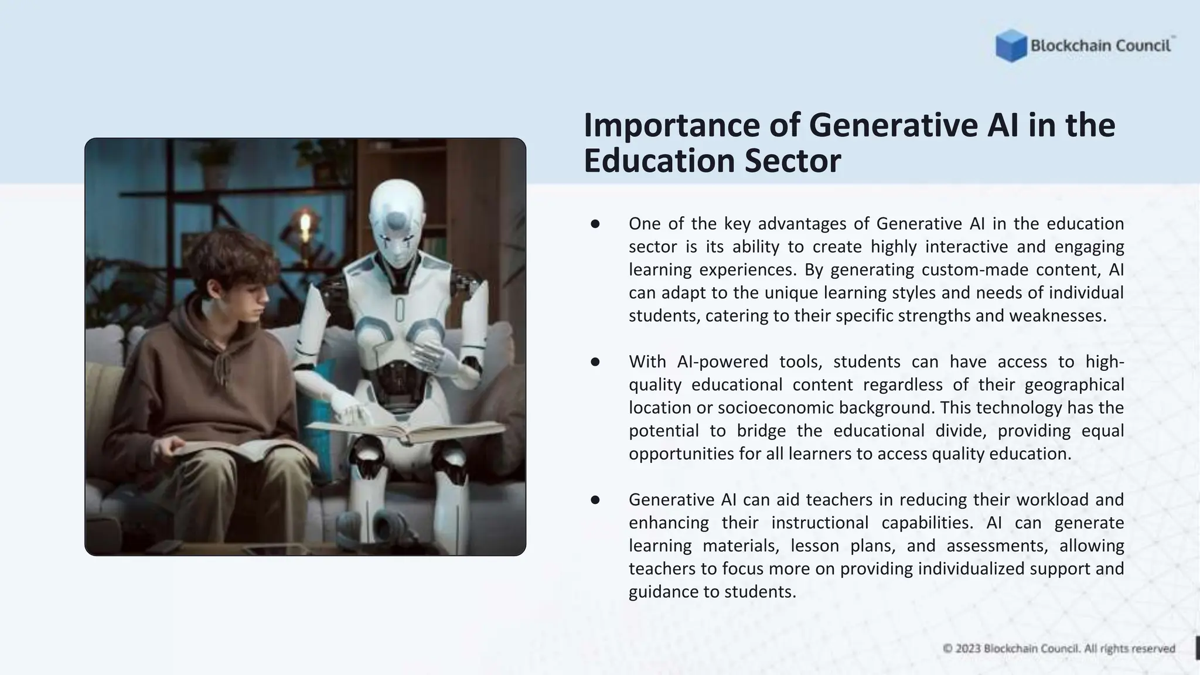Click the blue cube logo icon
[1011, 46]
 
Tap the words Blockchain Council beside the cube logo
[1100, 46]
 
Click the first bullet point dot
[595, 224]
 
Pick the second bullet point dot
[595, 362]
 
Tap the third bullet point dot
[595, 500]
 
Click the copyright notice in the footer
[1059, 649]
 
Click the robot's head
[398, 219]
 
